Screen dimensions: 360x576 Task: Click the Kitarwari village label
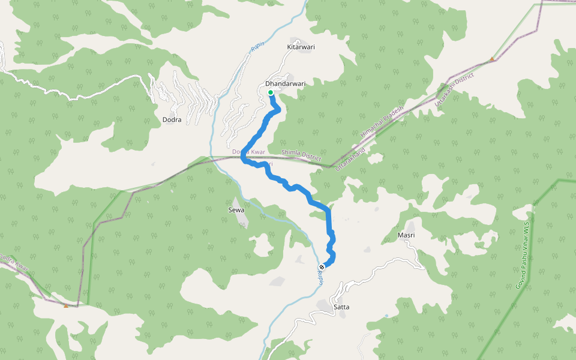(x=301, y=47)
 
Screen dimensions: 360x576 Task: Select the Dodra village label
(x=172, y=120)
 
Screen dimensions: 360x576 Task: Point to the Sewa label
(x=236, y=210)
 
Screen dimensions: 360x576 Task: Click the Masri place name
(x=406, y=235)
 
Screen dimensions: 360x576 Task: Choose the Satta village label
(x=341, y=307)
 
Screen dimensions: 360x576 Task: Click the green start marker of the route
(x=271, y=92)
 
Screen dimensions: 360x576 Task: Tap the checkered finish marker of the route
(x=322, y=267)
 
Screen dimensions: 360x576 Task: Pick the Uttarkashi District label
(x=454, y=94)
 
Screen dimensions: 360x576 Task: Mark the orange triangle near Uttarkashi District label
(x=492, y=59)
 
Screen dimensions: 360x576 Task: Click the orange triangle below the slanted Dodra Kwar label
(x=66, y=305)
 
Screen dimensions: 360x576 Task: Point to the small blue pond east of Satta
(x=386, y=315)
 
